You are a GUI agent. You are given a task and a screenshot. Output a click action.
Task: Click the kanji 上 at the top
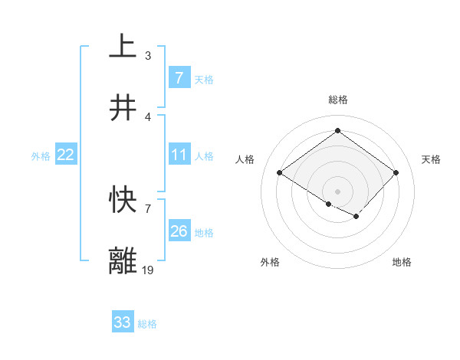[123, 46]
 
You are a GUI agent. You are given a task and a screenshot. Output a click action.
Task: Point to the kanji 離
[123, 260]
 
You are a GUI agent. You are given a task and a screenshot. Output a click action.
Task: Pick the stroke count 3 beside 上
[148, 55]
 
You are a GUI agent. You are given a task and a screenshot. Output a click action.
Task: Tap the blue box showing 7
[179, 78]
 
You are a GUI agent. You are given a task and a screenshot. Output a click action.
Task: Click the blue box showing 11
[179, 155]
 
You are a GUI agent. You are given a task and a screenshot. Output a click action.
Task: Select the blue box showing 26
[179, 231]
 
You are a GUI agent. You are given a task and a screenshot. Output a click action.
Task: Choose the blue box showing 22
[66, 155]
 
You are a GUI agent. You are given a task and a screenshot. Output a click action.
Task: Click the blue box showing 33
[123, 322]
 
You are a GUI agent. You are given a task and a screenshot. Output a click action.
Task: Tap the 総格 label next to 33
[147, 324]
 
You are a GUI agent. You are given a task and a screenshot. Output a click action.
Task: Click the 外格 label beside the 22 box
[41, 156]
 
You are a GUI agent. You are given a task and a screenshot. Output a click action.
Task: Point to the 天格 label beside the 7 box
[203, 80]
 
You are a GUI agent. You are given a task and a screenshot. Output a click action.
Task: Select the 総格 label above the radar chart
[337, 100]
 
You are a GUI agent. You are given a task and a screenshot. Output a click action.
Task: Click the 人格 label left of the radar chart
[245, 159]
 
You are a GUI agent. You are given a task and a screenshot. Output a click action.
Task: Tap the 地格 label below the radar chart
[402, 263]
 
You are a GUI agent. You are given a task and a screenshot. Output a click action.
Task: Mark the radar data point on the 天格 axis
[396, 173]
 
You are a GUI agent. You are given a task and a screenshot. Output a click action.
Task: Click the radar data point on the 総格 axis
[337, 130]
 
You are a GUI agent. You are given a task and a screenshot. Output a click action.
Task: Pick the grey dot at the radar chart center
[337, 191]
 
